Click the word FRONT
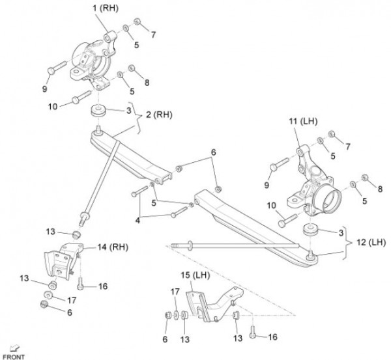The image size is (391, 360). pyautogui.click(x=13, y=356)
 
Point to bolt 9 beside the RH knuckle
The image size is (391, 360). pyautogui.click(x=56, y=66)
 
